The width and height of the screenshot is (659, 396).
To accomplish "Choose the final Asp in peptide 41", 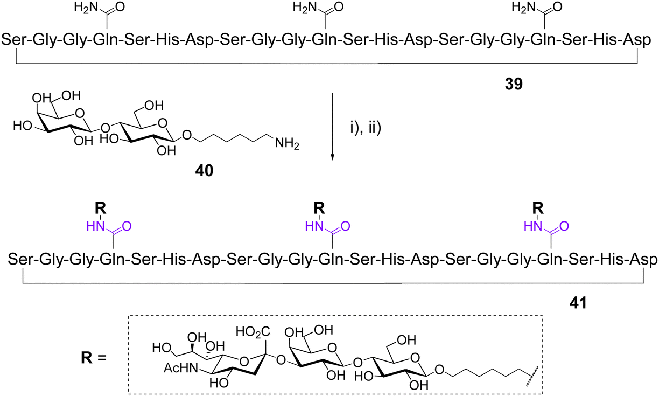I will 643,260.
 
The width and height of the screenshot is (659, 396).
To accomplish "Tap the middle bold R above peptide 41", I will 319,206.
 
